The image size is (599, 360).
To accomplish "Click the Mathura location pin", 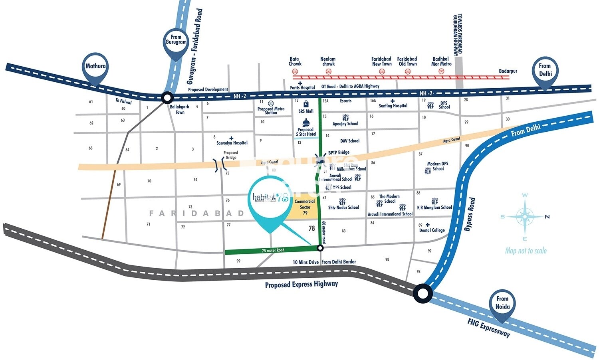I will tap(96, 67).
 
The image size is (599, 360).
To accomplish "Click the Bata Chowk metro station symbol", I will tap(295, 72).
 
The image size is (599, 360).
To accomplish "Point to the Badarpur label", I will tap(508, 71).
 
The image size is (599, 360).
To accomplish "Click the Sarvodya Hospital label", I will tap(232, 143).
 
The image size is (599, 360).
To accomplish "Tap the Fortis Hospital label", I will tap(302, 87).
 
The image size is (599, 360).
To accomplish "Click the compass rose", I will tap(525, 217).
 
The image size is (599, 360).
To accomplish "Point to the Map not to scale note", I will tap(526, 251).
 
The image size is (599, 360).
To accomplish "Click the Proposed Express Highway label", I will tap(301, 284).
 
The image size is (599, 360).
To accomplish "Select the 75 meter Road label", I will tap(273, 250).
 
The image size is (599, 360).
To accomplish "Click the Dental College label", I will tap(432, 230).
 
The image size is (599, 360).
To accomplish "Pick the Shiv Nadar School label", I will tap(344, 208).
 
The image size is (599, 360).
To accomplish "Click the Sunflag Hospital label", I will tap(393, 106).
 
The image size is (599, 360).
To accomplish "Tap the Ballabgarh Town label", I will tap(180, 110).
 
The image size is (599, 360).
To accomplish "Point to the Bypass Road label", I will tap(470, 214).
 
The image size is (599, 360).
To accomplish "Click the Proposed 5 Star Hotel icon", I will tap(305, 122).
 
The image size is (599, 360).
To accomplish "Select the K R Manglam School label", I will tap(434, 208).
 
